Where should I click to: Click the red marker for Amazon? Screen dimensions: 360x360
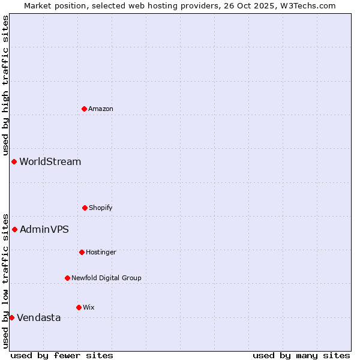pyautogui.click(x=84, y=109)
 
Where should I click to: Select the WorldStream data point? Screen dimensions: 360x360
pyautogui.click(x=14, y=161)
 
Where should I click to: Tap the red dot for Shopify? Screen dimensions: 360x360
pyautogui.click(x=85, y=208)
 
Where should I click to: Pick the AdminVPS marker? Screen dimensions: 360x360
pyautogui.click(x=14, y=229)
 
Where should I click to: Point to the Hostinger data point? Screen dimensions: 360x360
pyautogui.click(x=82, y=252)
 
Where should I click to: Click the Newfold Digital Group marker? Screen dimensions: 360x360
pyautogui.click(x=67, y=278)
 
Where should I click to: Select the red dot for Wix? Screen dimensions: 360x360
pyautogui.click(x=79, y=307)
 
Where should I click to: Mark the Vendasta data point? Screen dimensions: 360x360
pyautogui.click(x=11, y=317)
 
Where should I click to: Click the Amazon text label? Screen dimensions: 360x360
pyautogui.click(x=101, y=109)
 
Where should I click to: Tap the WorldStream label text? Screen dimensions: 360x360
pyautogui.click(x=50, y=161)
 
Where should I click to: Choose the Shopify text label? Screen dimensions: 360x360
pyautogui.click(x=101, y=208)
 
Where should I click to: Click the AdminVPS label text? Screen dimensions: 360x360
pyautogui.click(x=44, y=229)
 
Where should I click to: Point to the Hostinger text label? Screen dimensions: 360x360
pyautogui.click(x=101, y=252)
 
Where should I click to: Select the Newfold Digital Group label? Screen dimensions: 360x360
pyautogui.click(x=106, y=278)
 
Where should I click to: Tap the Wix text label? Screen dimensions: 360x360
pyautogui.click(x=89, y=307)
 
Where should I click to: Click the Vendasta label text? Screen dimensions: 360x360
pyautogui.click(x=39, y=317)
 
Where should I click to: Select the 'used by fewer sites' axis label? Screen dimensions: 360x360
pyautogui.click(x=62, y=355)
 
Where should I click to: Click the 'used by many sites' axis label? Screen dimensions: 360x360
pyautogui.click(x=301, y=355)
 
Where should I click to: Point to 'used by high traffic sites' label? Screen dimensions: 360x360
pyautogui.click(x=5, y=85)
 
